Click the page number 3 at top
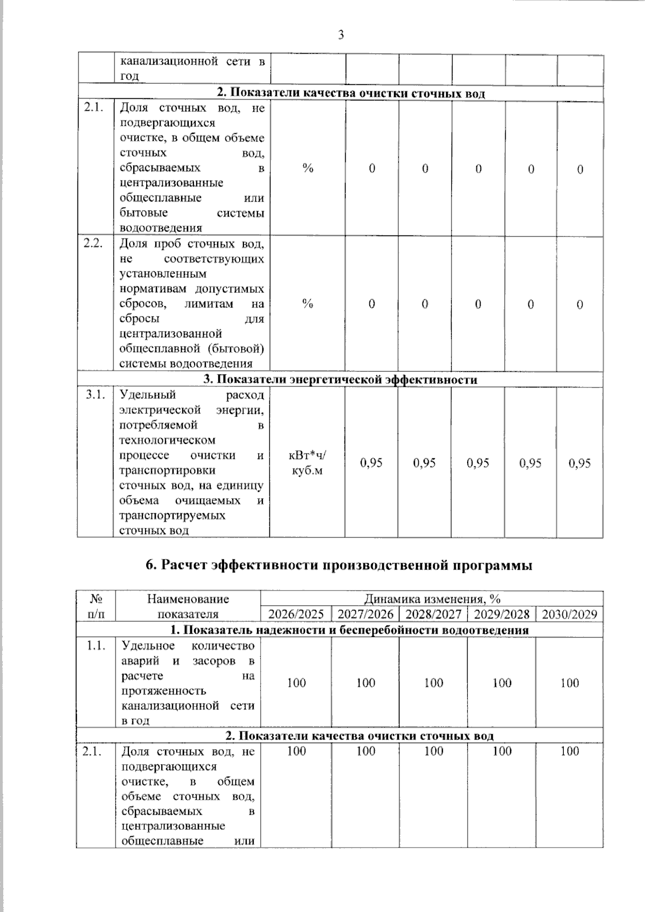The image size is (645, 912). (340, 35)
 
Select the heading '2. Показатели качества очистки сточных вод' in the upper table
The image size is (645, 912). (350, 93)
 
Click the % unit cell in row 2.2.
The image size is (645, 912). (307, 304)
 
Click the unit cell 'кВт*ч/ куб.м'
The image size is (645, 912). (307, 463)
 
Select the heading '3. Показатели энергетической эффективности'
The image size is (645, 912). (340, 379)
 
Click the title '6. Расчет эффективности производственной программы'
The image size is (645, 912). (339, 565)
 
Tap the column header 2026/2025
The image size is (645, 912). (296, 614)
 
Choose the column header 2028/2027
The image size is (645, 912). (433, 614)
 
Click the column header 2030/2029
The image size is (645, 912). (569, 614)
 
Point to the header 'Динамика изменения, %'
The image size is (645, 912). (432, 599)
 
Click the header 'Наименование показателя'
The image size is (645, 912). (188, 606)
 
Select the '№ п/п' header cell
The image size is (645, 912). (96, 606)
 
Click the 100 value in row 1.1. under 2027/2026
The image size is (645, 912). (365, 683)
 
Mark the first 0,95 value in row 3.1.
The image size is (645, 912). (371, 463)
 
